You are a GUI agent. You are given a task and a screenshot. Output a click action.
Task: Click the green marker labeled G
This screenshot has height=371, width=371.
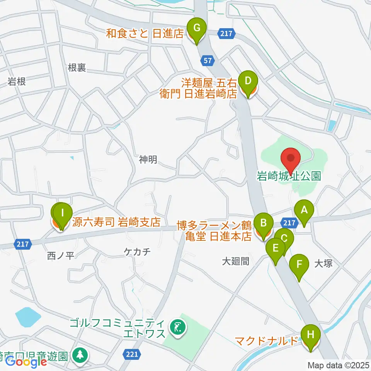click(x=197, y=28)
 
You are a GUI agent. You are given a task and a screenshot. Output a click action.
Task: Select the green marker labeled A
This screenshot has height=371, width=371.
click(x=304, y=211)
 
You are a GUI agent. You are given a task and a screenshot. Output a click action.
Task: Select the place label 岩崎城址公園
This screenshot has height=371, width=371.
click(x=289, y=177)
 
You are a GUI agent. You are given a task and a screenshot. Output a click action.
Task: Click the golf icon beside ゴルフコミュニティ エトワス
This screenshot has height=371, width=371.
click(x=178, y=328)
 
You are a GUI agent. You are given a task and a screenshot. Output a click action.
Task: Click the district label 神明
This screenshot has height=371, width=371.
click(x=148, y=159)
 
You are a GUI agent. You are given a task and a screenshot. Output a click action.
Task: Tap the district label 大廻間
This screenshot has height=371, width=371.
click(x=238, y=262)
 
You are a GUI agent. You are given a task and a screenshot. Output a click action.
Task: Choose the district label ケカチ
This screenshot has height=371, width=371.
click(x=137, y=252)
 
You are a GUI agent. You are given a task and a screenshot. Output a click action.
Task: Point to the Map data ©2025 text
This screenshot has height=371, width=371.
click(x=338, y=365)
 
